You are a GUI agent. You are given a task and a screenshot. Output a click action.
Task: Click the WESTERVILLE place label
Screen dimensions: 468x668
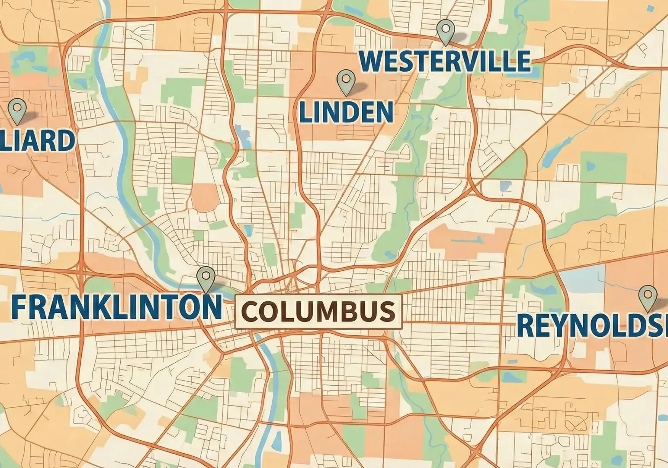445,61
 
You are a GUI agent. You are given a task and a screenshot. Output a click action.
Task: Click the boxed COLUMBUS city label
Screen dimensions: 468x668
318,311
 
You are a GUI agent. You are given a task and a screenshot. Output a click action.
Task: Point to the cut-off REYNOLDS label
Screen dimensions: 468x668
592,325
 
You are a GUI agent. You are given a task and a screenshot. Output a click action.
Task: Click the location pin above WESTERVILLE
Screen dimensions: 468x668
445,31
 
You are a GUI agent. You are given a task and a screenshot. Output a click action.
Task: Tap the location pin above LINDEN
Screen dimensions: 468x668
345,82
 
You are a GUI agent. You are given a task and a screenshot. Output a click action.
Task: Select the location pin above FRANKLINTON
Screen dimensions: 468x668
206,278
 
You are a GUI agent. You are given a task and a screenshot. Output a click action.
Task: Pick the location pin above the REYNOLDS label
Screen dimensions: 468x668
647,297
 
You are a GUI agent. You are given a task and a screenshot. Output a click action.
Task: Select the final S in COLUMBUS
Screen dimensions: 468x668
387,311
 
